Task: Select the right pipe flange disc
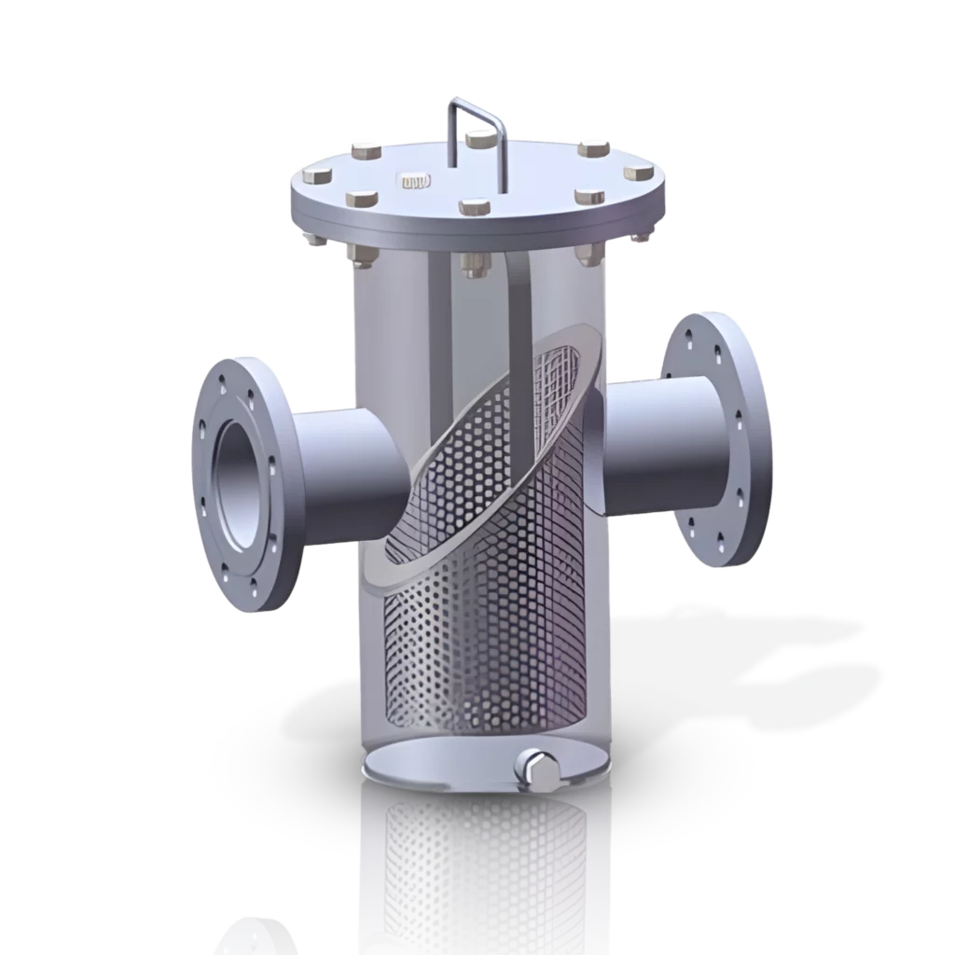pyautogui.click(x=716, y=438)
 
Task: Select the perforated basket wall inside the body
pyautogui.click(x=485, y=606)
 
